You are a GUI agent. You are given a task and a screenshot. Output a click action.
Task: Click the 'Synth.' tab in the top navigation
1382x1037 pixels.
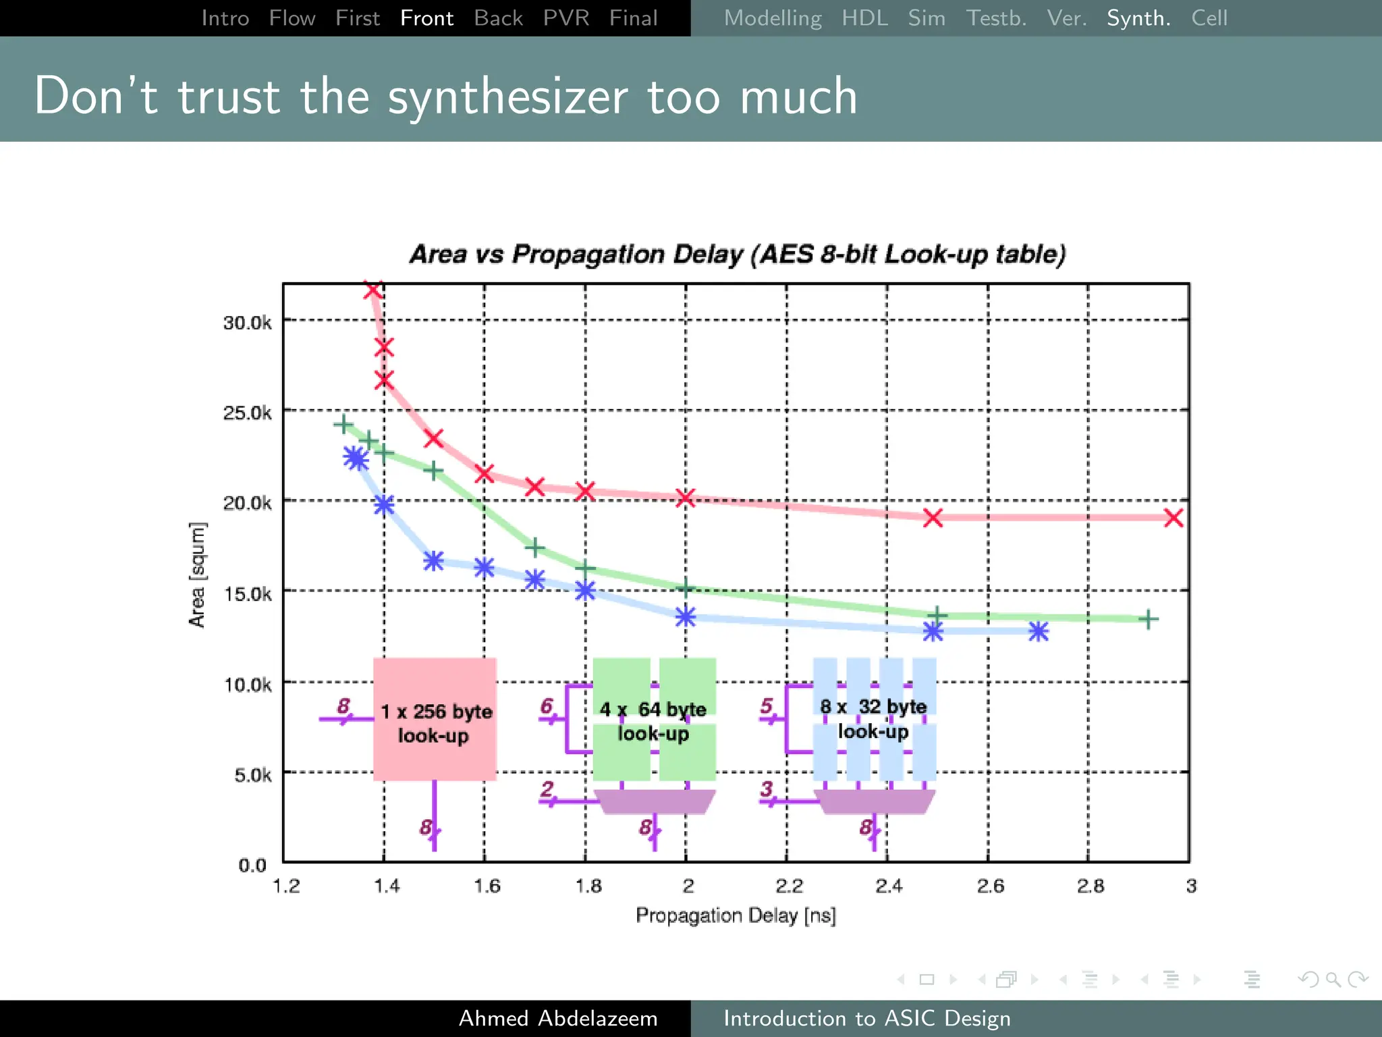click(x=1138, y=18)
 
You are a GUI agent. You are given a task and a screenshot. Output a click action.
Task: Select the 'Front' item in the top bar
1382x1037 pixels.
click(x=426, y=18)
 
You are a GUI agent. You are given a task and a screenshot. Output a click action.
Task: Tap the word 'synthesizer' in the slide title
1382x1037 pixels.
click(x=507, y=97)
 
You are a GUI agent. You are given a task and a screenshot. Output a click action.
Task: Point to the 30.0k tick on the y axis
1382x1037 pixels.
click(x=247, y=323)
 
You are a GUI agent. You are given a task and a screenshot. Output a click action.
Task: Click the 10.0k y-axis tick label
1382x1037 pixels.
click(x=247, y=685)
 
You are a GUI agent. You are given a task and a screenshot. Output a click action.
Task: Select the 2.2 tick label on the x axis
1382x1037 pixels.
click(x=789, y=886)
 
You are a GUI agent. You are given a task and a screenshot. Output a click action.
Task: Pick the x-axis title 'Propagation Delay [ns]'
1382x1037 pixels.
click(x=736, y=915)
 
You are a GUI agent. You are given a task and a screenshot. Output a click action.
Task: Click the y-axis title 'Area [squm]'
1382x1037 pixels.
click(x=196, y=575)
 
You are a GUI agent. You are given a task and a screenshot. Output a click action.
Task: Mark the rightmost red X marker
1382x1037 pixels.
click(x=1173, y=518)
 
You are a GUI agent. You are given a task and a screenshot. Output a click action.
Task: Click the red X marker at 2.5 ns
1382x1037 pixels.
click(x=933, y=518)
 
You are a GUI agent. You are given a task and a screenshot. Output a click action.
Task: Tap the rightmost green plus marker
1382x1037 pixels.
click(x=1148, y=618)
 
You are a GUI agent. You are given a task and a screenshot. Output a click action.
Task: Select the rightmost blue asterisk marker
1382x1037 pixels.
click(x=1039, y=631)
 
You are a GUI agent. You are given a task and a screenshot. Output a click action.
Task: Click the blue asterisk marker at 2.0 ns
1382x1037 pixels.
click(x=686, y=616)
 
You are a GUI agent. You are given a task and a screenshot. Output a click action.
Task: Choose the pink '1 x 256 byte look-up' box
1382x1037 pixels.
click(x=435, y=720)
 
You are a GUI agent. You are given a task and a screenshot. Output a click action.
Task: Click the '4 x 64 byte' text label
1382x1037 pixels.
click(x=653, y=710)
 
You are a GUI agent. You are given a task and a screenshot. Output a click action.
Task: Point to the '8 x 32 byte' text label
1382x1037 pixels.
click(x=873, y=707)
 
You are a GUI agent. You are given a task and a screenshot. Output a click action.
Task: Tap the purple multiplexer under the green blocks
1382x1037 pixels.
click(x=654, y=801)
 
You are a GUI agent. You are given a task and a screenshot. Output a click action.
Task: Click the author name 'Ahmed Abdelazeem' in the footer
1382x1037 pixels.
click(x=558, y=1018)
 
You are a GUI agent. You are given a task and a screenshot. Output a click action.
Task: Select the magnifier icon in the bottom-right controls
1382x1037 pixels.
click(x=1333, y=979)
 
